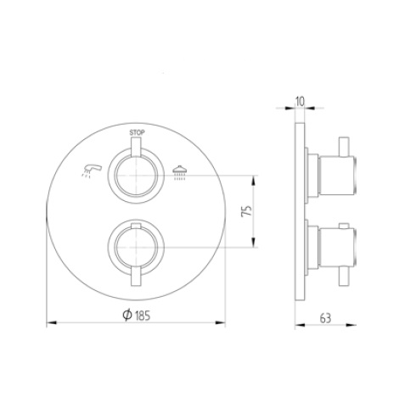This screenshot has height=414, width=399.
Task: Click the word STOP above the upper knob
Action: (137, 133)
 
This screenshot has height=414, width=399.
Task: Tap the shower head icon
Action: (178, 173)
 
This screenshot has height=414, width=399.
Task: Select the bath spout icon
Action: (93, 171)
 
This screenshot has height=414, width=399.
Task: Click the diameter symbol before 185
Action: (126, 315)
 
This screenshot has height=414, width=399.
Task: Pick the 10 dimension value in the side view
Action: (299, 101)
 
